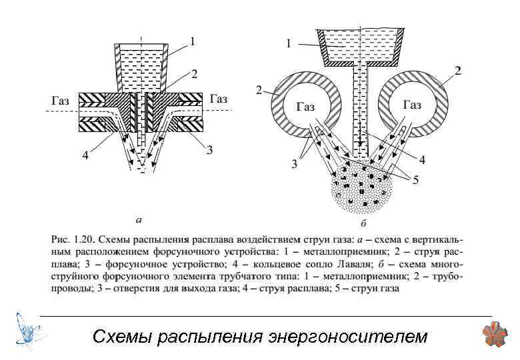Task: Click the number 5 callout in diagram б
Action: click(x=415, y=179)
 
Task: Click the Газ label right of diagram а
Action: click(x=219, y=99)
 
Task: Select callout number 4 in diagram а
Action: click(x=85, y=156)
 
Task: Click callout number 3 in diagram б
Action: click(x=294, y=165)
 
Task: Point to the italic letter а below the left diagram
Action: click(x=139, y=217)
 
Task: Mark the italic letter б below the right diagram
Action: click(x=365, y=221)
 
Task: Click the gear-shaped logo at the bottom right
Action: click(x=493, y=335)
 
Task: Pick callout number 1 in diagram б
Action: click(x=289, y=44)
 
